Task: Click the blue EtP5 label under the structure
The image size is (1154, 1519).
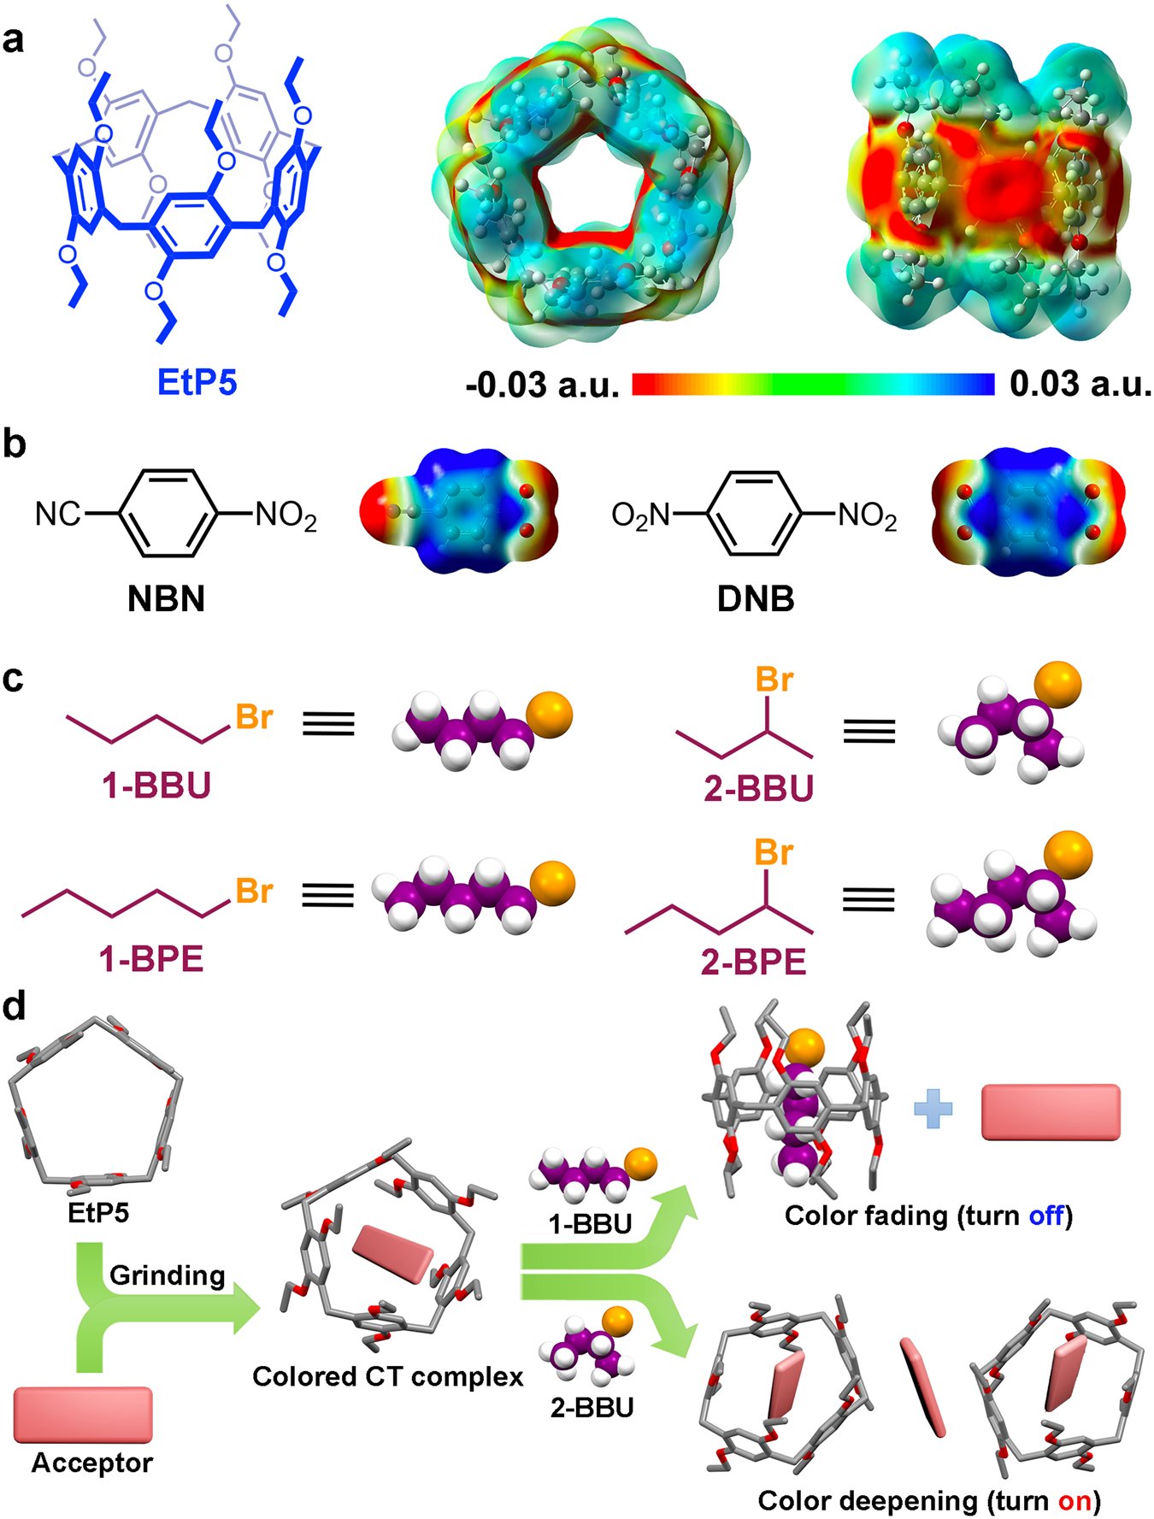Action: point(197,381)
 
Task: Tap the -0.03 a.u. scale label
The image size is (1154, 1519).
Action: point(543,386)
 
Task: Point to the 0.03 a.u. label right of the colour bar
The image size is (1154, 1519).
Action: point(1080,384)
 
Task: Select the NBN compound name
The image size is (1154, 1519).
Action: point(166,599)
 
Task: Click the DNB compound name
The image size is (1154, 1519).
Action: point(756,599)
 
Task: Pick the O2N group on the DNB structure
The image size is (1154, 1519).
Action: point(641,515)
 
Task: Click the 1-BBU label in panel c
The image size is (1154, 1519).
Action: point(156,786)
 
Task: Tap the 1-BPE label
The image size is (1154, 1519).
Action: point(151,960)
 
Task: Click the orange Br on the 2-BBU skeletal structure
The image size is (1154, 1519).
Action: point(774,680)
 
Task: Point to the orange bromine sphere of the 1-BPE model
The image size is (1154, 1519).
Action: point(552,884)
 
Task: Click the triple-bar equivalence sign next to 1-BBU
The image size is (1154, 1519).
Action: point(328,724)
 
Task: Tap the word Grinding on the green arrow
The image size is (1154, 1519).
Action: point(167,1275)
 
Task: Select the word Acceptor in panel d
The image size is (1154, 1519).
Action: point(91,1463)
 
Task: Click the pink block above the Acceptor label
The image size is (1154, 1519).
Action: point(83,1415)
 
